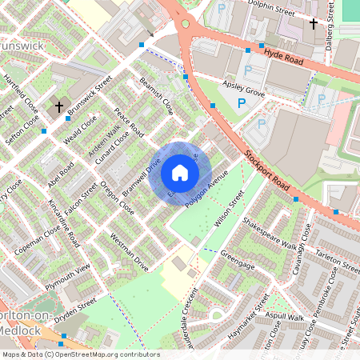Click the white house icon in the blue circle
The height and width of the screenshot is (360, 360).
click(180, 173)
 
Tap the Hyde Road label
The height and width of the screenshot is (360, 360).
click(285, 54)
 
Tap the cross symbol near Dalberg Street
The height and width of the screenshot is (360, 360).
click(314, 23)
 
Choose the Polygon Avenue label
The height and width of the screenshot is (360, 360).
click(206, 190)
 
